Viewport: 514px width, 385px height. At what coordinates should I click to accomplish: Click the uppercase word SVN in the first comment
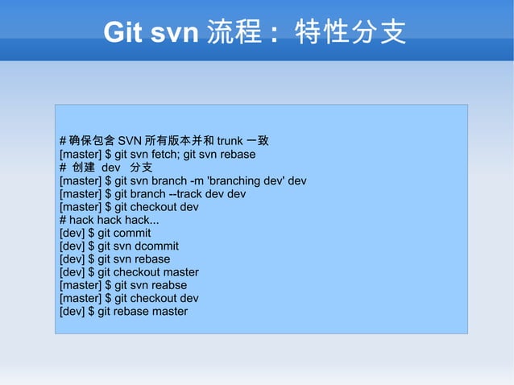pos(130,141)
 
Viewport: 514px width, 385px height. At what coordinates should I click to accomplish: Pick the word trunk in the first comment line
pos(230,141)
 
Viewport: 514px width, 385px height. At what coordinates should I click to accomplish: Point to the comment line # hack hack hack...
pos(110,220)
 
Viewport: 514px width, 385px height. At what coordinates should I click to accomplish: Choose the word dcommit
pos(156,246)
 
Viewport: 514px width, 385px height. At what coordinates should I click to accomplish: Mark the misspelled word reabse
pos(169,285)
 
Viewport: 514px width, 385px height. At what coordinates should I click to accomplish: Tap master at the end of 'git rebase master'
pos(168,311)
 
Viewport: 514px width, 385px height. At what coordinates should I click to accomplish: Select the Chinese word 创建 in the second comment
pos(84,168)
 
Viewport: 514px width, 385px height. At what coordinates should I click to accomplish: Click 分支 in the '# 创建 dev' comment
pos(141,168)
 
